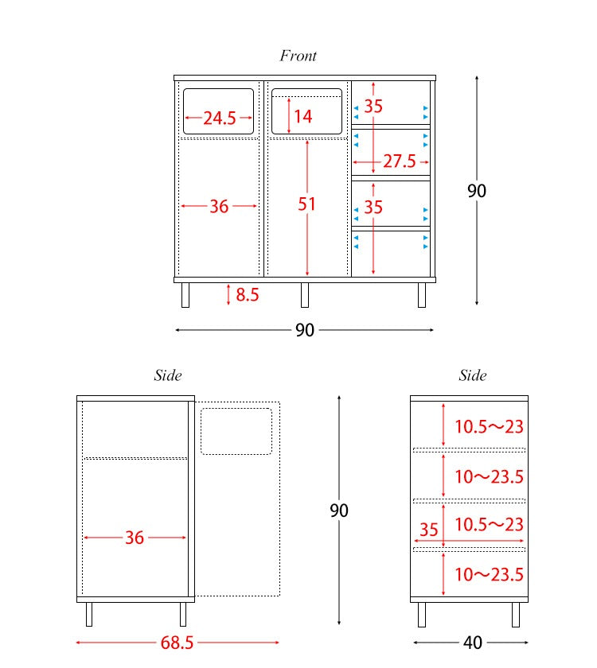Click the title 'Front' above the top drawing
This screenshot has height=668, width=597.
tap(298, 56)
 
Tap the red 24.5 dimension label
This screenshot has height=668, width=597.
tap(219, 118)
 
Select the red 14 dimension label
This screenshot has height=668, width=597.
tap(303, 116)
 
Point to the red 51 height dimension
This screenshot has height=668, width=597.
tap(306, 204)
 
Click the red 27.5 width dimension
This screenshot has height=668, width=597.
tap(399, 161)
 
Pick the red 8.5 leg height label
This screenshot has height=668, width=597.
tap(248, 294)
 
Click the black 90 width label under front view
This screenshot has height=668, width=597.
tap(305, 330)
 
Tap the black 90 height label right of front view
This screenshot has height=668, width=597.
tap(477, 191)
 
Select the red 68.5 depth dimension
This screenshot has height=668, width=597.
tap(177, 643)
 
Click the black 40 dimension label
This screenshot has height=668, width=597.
tap(473, 643)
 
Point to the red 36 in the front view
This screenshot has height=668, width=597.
tap(219, 207)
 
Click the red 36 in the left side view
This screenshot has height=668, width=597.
tap(135, 538)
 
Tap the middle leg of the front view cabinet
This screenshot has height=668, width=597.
tap(304, 295)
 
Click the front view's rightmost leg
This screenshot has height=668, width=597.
tap(422, 295)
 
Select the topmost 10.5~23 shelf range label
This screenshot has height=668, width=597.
tap(489, 426)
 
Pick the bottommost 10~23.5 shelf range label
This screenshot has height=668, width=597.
tap(489, 574)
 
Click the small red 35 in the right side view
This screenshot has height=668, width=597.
tap(428, 530)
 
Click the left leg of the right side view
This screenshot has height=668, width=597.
tap(422, 614)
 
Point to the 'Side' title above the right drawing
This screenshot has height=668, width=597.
tap(473, 375)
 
